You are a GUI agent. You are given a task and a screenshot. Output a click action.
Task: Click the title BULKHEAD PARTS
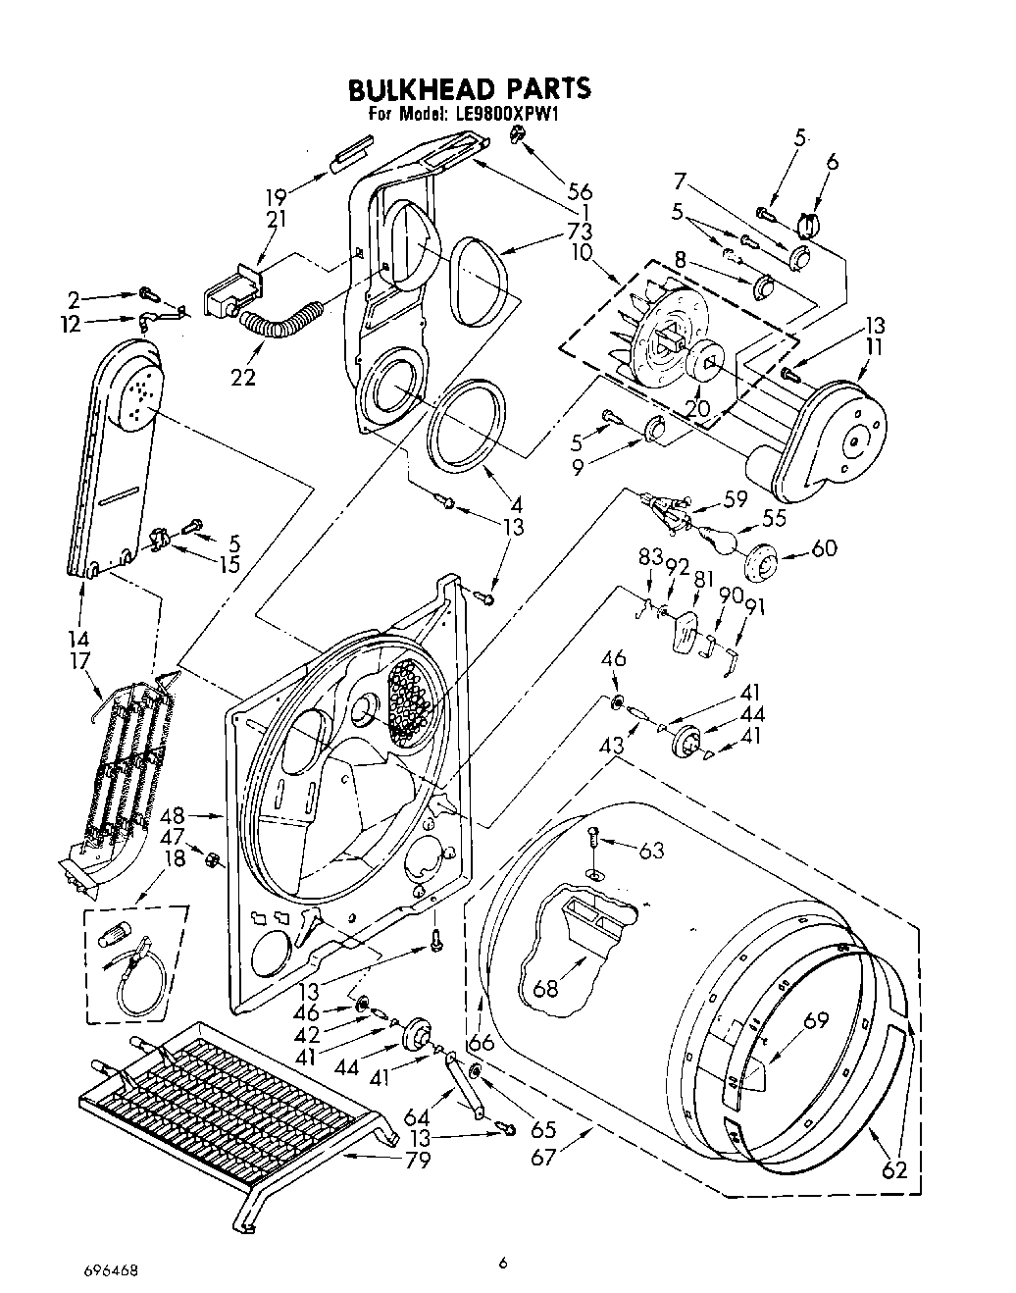[x=470, y=88]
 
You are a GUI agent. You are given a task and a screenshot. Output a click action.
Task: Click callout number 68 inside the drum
[x=545, y=988]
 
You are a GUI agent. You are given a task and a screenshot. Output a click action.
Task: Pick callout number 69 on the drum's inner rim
[x=815, y=1021]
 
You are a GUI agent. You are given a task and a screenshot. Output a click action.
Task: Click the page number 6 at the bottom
[x=502, y=1265]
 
